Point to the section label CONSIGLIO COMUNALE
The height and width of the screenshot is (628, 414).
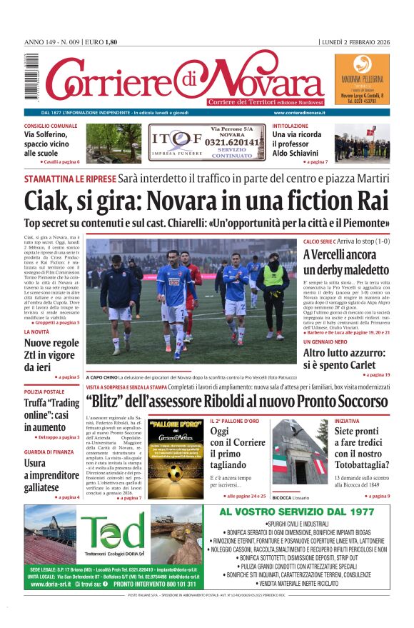coord(51,126)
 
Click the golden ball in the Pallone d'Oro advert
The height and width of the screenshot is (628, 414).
coord(175,472)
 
